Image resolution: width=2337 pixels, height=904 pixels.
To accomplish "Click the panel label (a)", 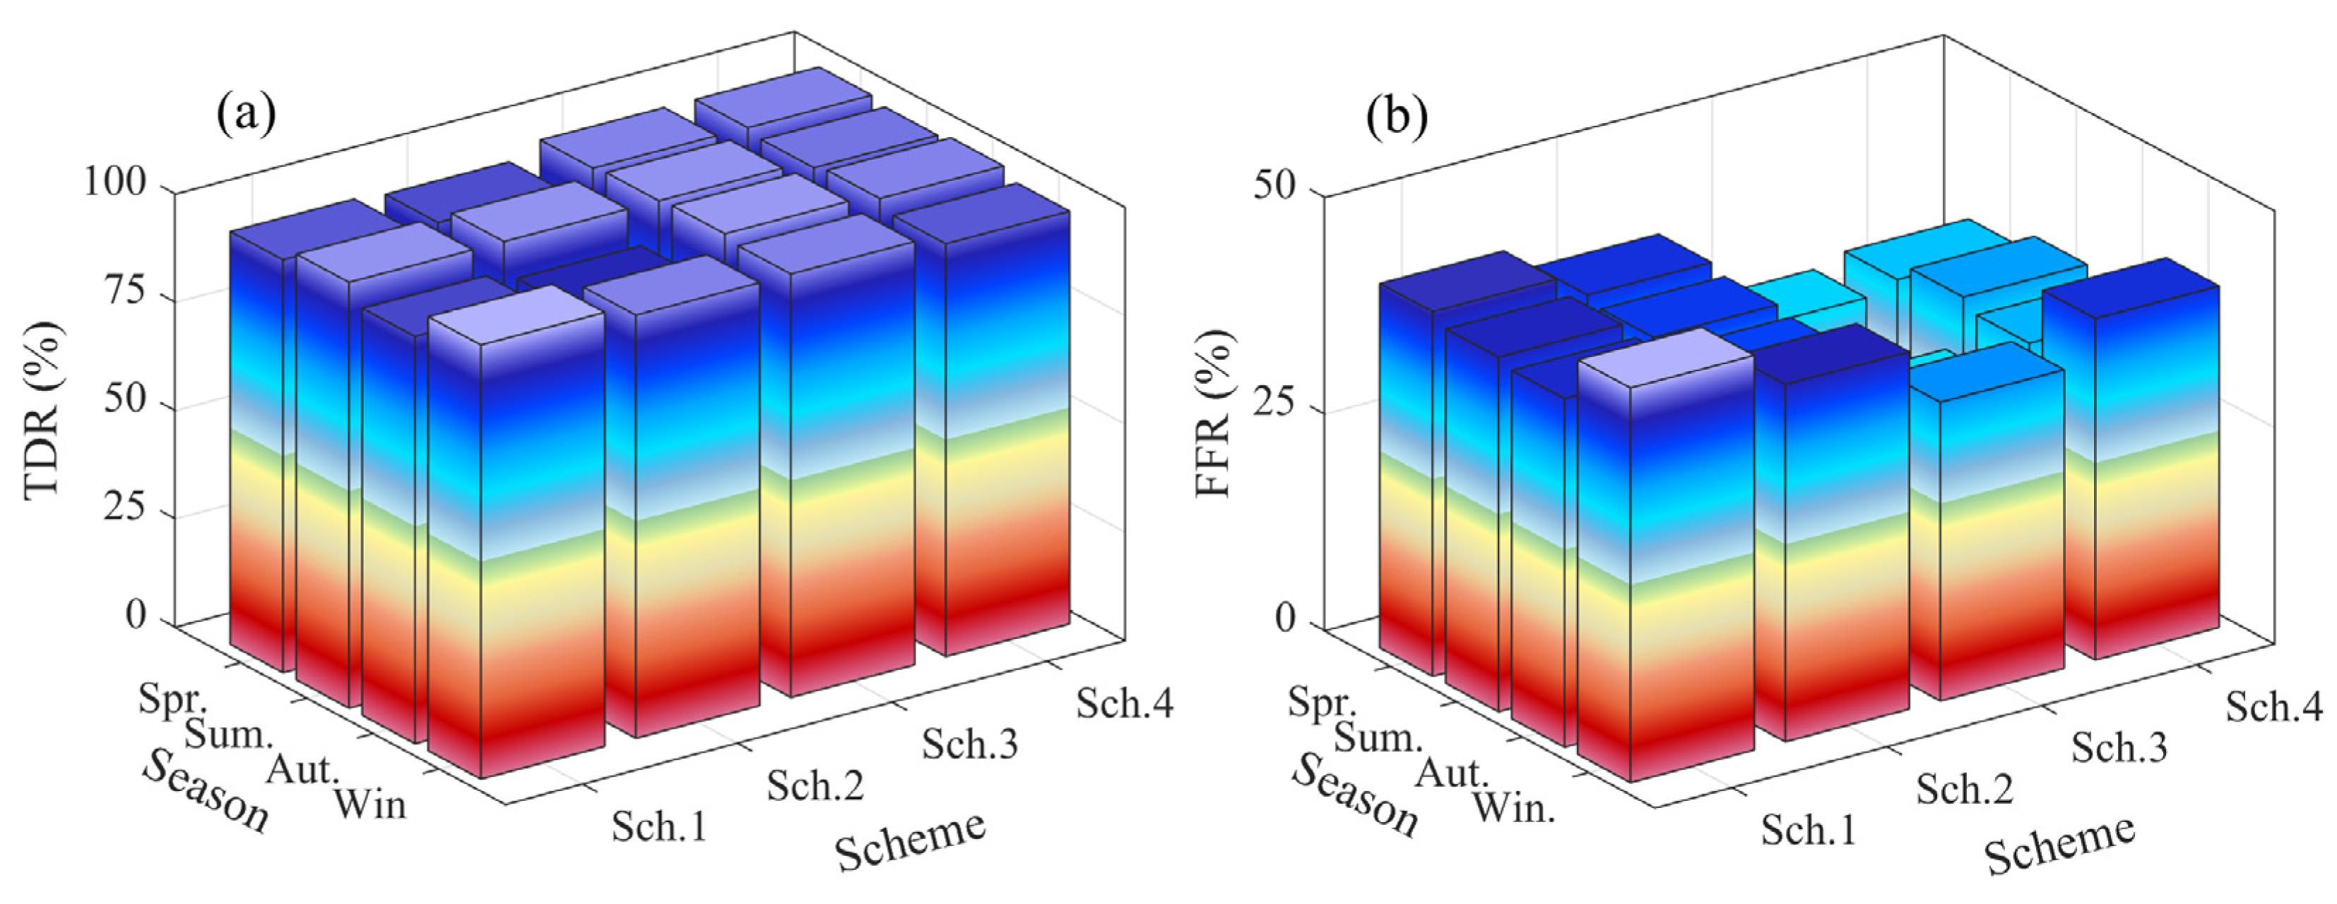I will click(x=246, y=116).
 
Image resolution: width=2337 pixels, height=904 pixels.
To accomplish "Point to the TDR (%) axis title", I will click(x=42, y=409).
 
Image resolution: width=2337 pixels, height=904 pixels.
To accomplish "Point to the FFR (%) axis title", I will click(x=1214, y=413).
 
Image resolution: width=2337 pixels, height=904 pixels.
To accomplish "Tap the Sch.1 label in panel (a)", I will click(x=660, y=826).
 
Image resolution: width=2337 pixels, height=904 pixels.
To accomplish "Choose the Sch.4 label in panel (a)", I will click(x=1125, y=703).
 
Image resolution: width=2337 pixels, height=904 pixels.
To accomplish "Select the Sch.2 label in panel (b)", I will click(x=1964, y=789).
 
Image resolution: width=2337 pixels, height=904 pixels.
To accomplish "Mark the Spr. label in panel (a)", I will click(x=173, y=700).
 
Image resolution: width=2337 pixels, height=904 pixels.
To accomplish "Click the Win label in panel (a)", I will click(x=370, y=804).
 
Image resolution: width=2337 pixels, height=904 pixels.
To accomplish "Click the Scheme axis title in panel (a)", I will click(x=910, y=840).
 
